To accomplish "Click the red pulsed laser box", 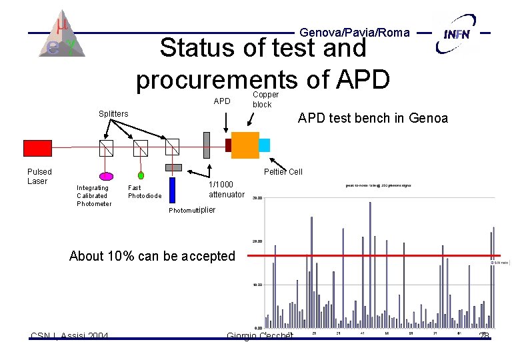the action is (37, 147).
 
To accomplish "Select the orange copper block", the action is (245, 145).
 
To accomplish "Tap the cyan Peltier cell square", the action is (265, 145).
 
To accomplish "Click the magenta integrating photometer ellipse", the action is (105, 176).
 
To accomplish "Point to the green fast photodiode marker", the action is (141, 175).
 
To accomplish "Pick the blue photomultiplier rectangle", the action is (172, 189).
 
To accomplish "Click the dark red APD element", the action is (228, 145).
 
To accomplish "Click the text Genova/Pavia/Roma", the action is (355, 32).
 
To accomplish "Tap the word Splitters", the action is (113, 114).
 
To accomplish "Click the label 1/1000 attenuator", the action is (226, 189).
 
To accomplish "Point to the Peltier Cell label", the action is (283, 172).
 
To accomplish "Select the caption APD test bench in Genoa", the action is (373, 119).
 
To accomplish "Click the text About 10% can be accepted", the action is (152, 256).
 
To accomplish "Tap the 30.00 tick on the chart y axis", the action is (257, 197).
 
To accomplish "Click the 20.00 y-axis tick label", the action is (257, 241).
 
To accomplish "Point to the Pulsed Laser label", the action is (39, 177).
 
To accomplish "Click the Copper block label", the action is (265, 100).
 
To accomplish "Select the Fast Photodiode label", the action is (144, 192).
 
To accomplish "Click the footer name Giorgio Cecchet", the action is (259, 335).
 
